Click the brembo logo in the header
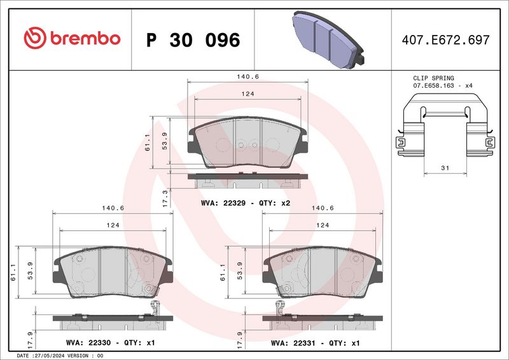(x=71, y=39)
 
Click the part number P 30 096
(x=193, y=40)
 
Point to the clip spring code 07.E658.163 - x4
(x=443, y=85)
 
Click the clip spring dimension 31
(x=445, y=168)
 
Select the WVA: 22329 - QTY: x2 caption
(x=245, y=203)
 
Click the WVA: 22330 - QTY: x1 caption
(x=109, y=343)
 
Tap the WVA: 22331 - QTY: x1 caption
(x=315, y=343)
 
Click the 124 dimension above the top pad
(x=248, y=94)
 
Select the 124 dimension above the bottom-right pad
(x=323, y=225)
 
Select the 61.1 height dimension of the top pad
(x=148, y=144)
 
